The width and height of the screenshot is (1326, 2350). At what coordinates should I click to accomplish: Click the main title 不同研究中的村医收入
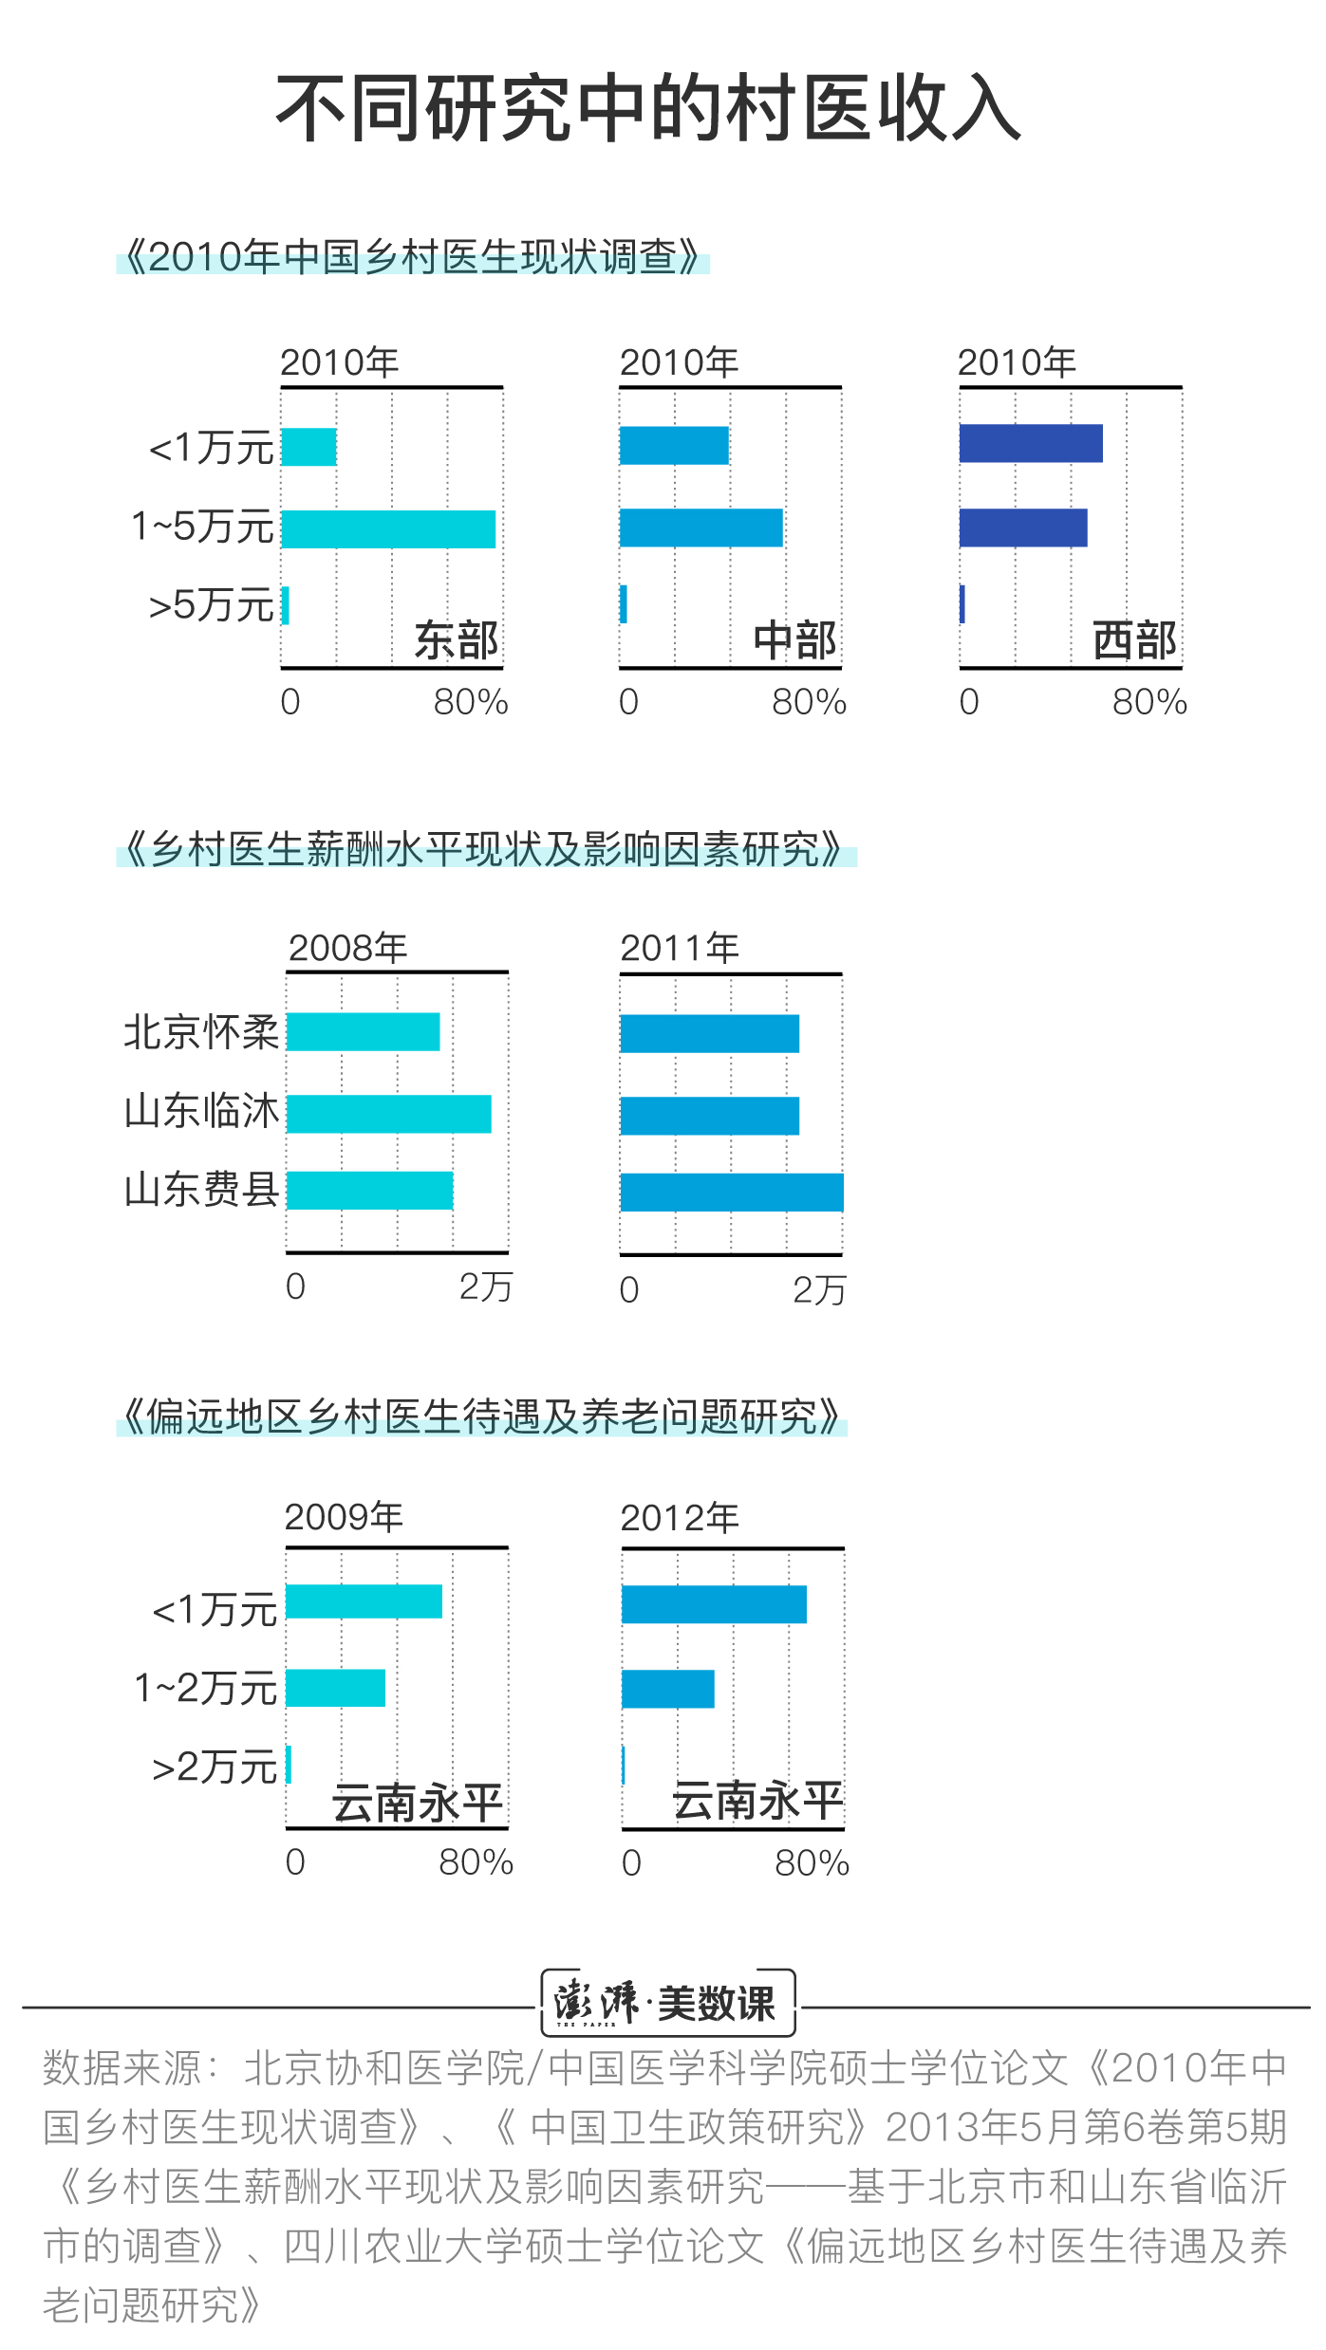(648, 109)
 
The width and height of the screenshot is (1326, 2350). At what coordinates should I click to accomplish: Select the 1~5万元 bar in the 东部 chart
(388, 529)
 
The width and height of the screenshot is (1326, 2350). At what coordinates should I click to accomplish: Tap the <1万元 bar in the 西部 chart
(1031, 443)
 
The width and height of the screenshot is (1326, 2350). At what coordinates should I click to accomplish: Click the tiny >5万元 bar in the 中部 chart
(624, 604)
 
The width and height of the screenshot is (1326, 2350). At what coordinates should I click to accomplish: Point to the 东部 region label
(457, 640)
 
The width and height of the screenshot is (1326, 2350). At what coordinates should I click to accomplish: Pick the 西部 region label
(1134, 640)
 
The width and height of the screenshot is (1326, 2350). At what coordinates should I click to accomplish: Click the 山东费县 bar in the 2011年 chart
(731, 1193)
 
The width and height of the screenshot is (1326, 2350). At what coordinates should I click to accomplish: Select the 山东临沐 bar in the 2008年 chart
(389, 1114)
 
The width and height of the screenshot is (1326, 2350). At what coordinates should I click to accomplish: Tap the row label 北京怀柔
(201, 1032)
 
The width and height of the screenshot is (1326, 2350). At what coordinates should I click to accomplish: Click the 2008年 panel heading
(347, 948)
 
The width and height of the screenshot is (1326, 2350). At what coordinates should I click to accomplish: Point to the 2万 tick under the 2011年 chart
(818, 1290)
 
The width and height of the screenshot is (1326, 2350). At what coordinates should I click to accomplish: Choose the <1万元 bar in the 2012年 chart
(714, 1604)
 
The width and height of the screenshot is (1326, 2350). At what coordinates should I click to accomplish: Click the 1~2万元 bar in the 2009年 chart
(336, 1688)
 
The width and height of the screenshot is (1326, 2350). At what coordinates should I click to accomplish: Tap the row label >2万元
(215, 1767)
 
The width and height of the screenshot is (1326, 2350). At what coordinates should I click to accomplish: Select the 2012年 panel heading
(680, 1518)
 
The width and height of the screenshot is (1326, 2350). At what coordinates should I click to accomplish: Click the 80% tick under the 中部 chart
(809, 703)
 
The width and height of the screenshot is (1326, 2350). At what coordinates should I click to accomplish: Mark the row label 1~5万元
(203, 527)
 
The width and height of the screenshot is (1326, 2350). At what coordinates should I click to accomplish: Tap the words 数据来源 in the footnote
(121, 2069)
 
